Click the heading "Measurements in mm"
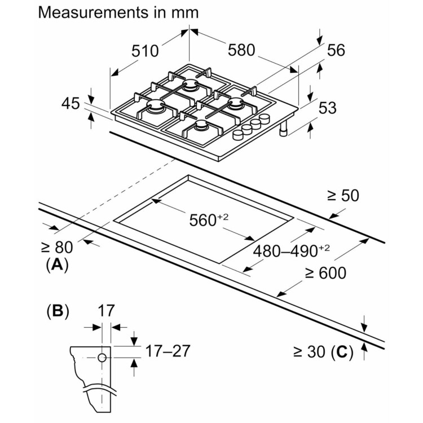point(118,12)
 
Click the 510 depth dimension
point(144,51)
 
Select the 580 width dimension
point(242,50)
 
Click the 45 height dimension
point(70,103)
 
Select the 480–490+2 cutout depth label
point(290,250)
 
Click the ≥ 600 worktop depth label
point(325,273)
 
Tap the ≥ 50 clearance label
point(343,196)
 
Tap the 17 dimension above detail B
point(106,310)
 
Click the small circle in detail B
point(103,358)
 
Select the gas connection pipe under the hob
point(283,129)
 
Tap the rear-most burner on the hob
point(190,86)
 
